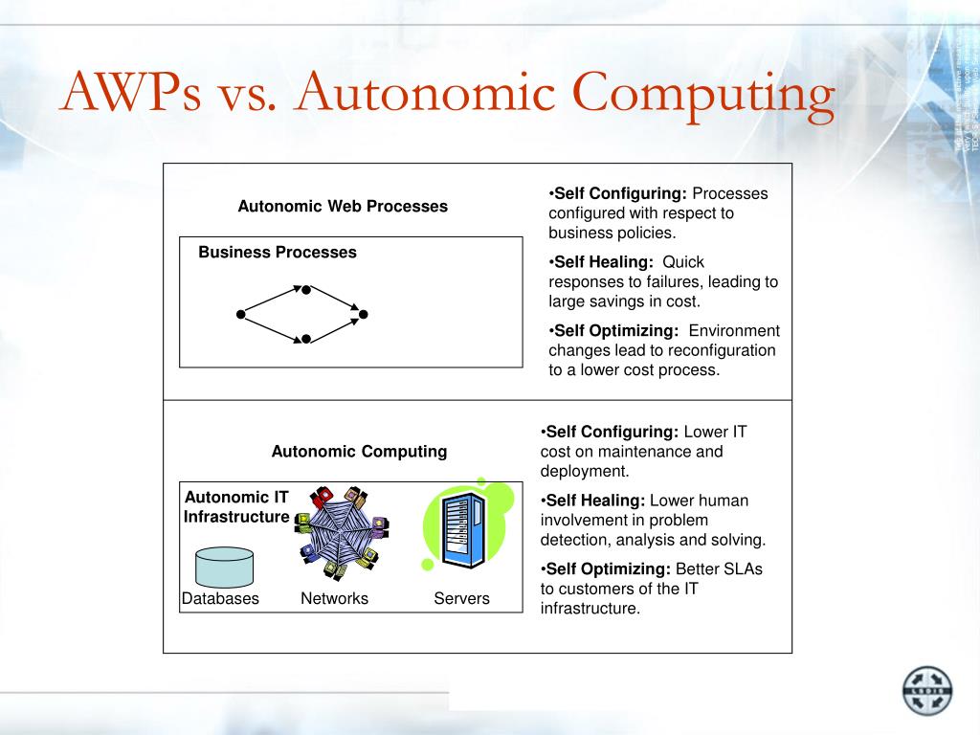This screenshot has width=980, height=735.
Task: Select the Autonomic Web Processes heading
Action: tap(343, 206)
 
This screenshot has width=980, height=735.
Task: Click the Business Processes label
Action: tap(278, 253)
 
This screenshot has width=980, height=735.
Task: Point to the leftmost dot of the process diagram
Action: tap(241, 314)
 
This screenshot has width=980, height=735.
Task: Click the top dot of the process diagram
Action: tap(306, 289)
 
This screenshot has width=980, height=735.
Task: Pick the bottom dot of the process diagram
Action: tap(306, 339)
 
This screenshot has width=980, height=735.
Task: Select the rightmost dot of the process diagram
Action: tap(364, 314)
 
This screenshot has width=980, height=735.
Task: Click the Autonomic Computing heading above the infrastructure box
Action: tap(359, 451)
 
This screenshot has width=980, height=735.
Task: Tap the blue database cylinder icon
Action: tap(225, 567)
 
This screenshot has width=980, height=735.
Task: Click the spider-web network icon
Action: tap(341, 531)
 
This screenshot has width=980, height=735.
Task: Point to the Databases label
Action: tap(221, 599)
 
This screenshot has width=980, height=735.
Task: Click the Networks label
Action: tap(334, 599)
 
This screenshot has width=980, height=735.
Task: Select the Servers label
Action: tap(461, 599)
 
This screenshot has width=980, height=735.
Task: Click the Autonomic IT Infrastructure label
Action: tap(236, 507)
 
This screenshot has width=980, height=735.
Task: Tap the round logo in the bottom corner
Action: tap(927, 691)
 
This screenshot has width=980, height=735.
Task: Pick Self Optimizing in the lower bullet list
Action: tap(608, 568)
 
